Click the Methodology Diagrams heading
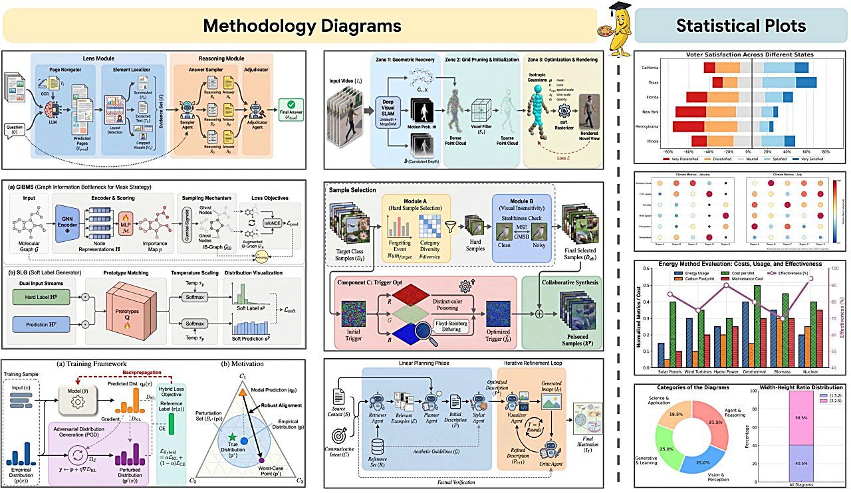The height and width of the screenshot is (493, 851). [x=303, y=26]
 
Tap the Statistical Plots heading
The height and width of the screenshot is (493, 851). [x=741, y=26]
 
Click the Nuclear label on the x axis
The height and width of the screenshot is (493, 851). [x=811, y=373]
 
